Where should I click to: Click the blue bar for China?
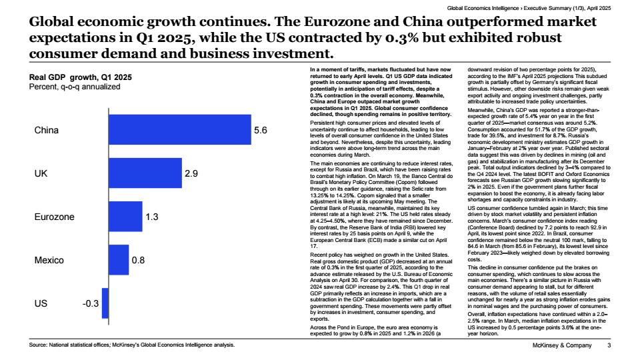tap(180, 130)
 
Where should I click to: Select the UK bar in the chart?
tap(145, 173)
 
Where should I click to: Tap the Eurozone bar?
tap(126, 216)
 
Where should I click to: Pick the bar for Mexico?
tap(119, 260)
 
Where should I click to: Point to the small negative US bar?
tap(105, 303)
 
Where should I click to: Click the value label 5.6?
tap(261, 130)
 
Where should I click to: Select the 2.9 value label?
tap(191, 173)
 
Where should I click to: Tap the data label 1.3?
tap(152, 217)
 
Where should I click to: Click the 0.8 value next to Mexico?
tap(138, 260)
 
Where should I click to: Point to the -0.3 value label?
tap(91, 304)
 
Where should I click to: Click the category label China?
tap(47, 130)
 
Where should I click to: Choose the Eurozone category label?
tap(54, 217)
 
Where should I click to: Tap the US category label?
tap(41, 304)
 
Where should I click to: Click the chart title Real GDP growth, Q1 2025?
tap(81, 77)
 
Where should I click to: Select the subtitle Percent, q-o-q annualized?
tap(75, 87)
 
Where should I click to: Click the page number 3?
tap(609, 345)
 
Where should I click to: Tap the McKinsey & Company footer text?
tap(562, 345)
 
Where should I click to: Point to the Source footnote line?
tap(132, 345)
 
